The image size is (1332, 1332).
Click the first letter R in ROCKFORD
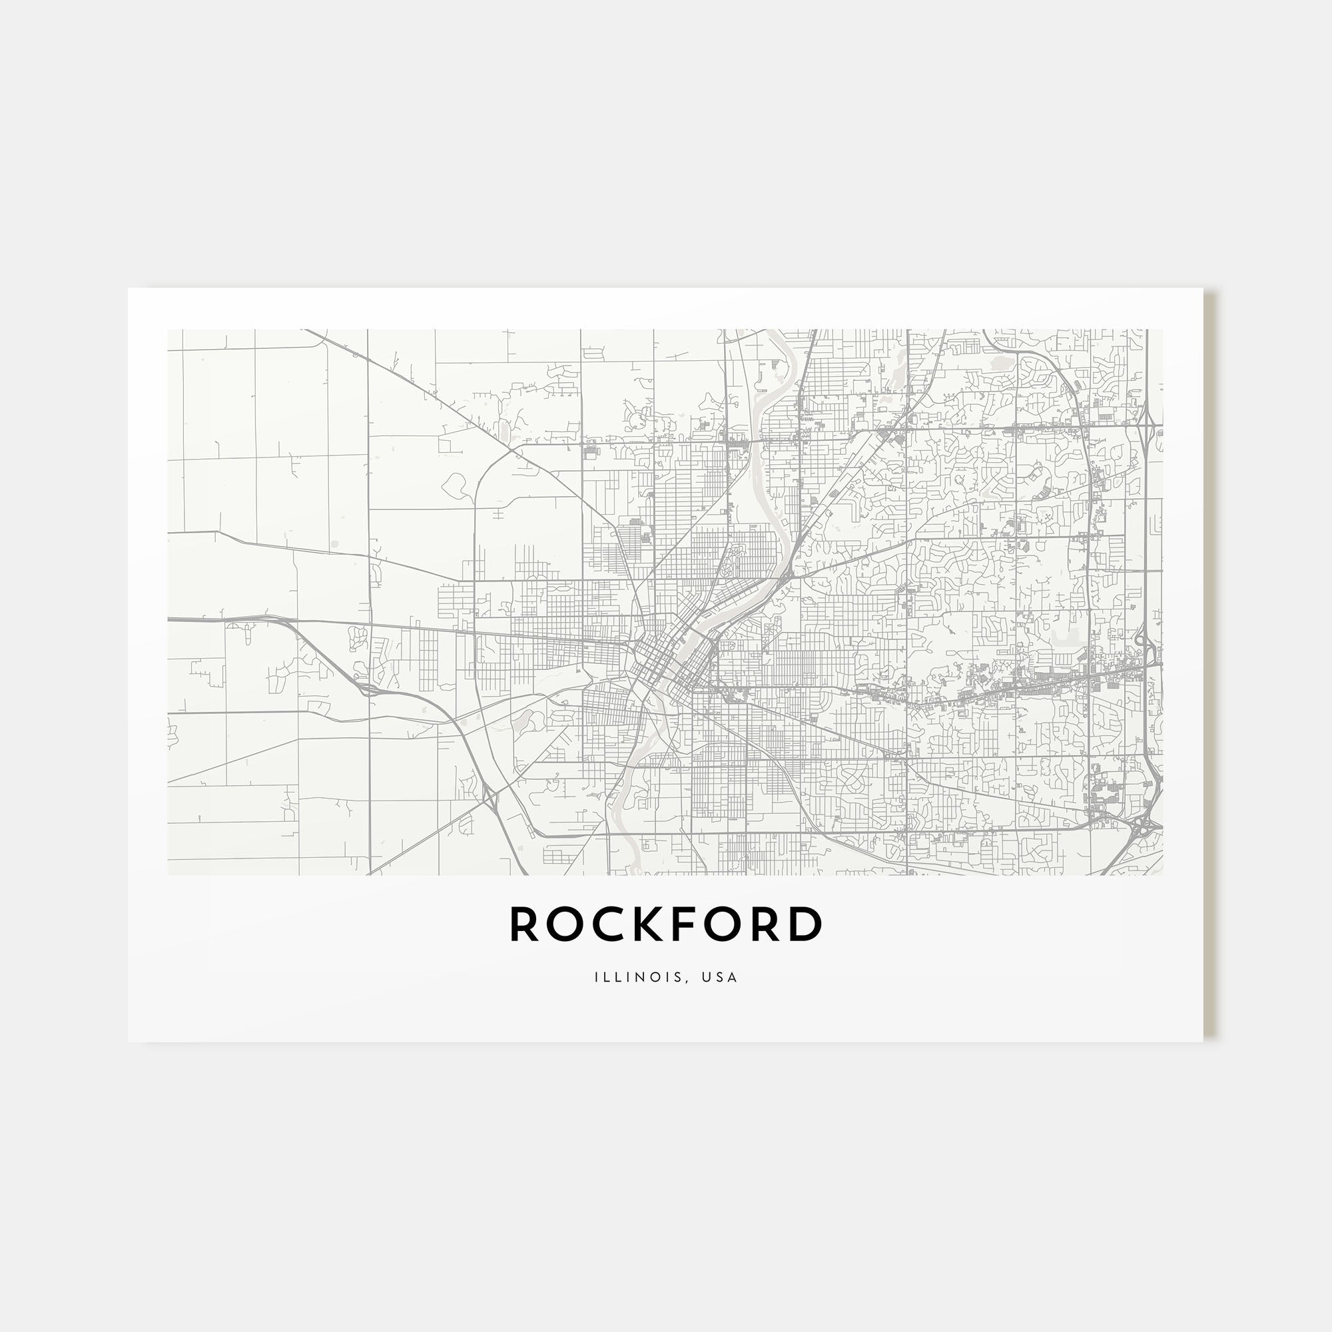click(x=525, y=924)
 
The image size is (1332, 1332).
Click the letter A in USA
click(x=733, y=977)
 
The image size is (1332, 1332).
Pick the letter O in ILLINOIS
click(x=655, y=977)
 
